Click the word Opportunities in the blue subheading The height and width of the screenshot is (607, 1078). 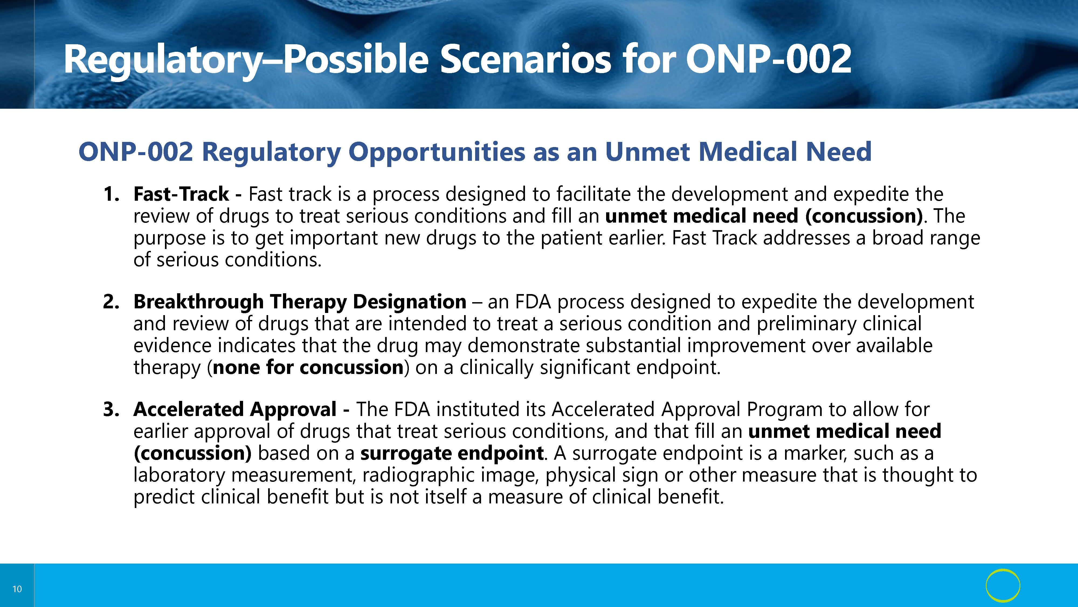pyautogui.click(x=437, y=152)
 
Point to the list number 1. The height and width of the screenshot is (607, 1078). pyautogui.click(x=110, y=194)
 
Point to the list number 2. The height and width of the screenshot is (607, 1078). pyautogui.click(x=111, y=302)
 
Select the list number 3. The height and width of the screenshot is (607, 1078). pyautogui.click(x=111, y=409)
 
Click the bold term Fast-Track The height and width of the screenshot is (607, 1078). pyautogui.click(x=181, y=194)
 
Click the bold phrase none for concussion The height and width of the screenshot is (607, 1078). pyautogui.click(x=308, y=367)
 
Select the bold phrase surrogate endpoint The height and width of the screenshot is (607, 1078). pyautogui.click(x=452, y=453)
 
